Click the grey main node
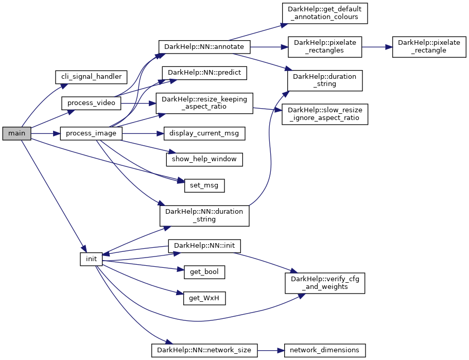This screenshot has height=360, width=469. pyautogui.click(x=16, y=133)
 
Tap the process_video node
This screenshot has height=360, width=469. pyautogui.click(x=91, y=103)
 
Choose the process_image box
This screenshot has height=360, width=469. pyautogui.click(x=91, y=133)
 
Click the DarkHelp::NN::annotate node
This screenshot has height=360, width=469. pyautogui.click(x=204, y=47)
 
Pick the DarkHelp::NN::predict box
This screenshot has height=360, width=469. pyautogui.click(x=204, y=73)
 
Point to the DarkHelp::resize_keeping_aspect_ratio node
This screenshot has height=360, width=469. pyautogui.click(x=204, y=103)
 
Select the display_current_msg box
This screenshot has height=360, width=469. pyautogui.click(x=204, y=133)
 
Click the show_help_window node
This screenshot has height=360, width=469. pyautogui.click(x=204, y=159)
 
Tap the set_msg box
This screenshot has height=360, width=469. pyautogui.click(x=204, y=185)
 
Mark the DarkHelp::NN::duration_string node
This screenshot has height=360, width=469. pyautogui.click(x=204, y=215)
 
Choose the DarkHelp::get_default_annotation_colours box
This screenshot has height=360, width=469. pyautogui.click(x=324, y=12)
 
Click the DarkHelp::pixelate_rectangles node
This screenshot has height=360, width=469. pyautogui.click(x=325, y=47)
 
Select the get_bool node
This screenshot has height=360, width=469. pyautogui.click(x=204, y=271)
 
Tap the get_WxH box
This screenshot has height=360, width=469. pyautogui.click(x=204, y=297)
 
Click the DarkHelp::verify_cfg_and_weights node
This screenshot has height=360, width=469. pyautogui.click(x=325, y=283)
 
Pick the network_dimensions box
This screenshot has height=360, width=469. pyautogui.click(x=325, y=350)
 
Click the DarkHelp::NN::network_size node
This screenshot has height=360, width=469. pyautogui.click(x=204, y=350)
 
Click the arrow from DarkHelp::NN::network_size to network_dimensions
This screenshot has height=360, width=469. pyautogui.click(x=270, y=350)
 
